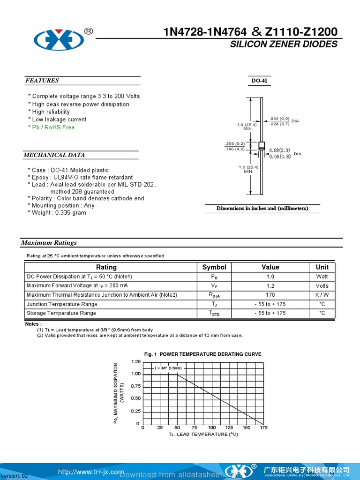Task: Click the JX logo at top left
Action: [x=59, y=39]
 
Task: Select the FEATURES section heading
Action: [x=42, y=81]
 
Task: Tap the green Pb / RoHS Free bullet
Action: [x=51, y=127]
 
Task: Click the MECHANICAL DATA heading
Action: [x=54, y=155]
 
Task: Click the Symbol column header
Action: [x=214, y=267]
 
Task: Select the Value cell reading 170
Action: [x=270, y=295]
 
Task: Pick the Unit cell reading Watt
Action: [x=322, y=277]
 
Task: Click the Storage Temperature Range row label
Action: [x=61, y=313]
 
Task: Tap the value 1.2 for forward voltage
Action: [x=270, y=286]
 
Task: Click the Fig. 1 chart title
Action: [x=203, y=354]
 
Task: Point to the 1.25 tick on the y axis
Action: [x=136, y=361]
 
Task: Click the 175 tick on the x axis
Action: [x=263, y=427]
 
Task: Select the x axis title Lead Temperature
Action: [x=203, y=435]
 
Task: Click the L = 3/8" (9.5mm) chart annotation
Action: [x=168, y=368]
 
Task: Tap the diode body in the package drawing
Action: [x=262, y=145]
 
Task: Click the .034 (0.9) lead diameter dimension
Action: [x=280, y=119]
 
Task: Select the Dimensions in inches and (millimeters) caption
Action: [x=262, y=209]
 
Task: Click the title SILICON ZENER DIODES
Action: [x=283, y=44]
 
